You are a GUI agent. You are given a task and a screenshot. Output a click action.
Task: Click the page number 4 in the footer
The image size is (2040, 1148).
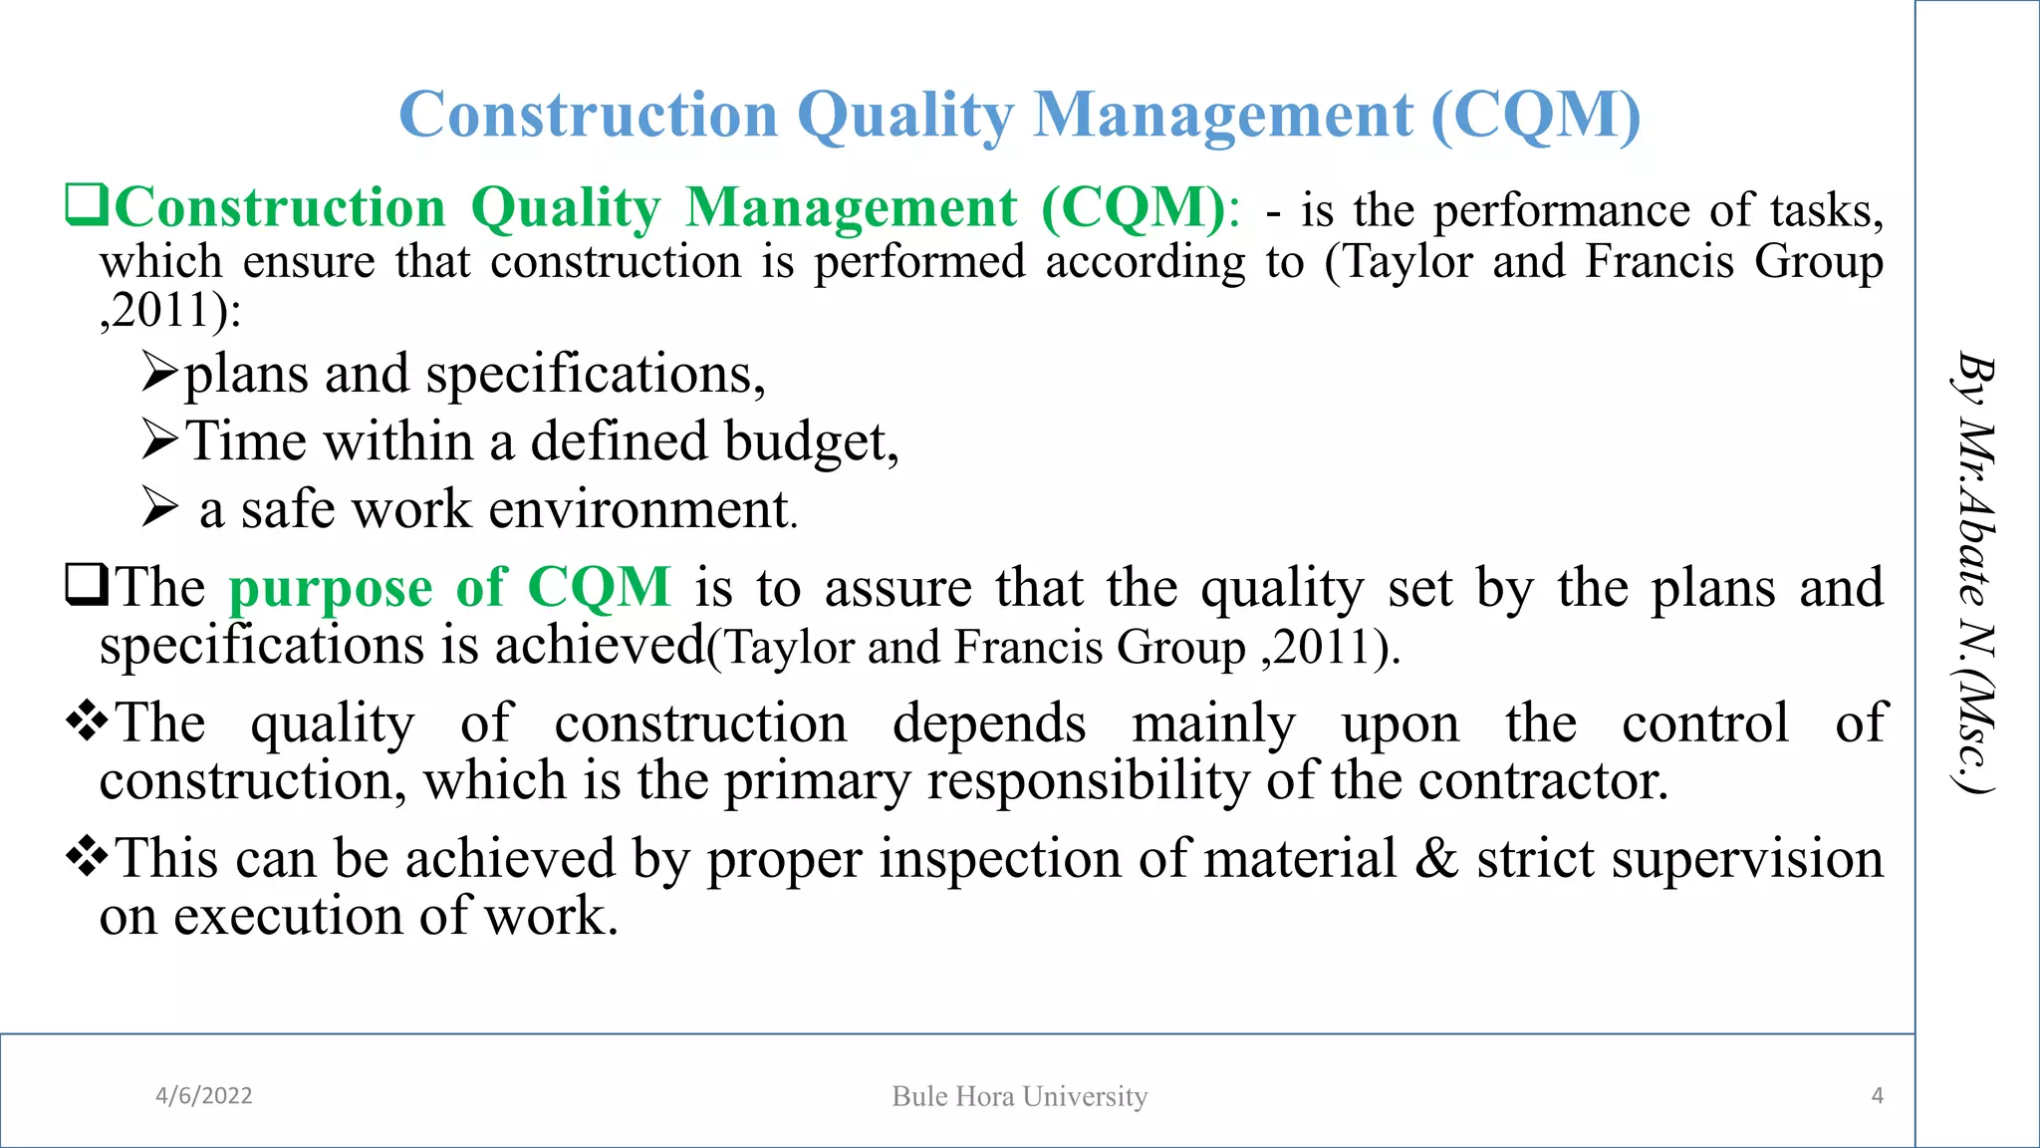(x=1878, y=1096)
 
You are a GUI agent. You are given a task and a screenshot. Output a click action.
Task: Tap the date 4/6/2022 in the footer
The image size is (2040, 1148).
(x=204, y=1096)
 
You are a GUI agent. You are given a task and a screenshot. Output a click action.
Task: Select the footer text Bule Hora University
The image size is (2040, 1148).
(x=1020, y=1096)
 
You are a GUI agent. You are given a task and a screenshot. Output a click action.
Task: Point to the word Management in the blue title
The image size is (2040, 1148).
(x=1223, y=115)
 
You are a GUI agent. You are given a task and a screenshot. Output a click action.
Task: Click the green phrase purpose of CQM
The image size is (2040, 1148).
(x=450, y=587)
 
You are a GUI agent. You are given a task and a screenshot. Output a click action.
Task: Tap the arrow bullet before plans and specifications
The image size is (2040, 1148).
(x=159, y=373)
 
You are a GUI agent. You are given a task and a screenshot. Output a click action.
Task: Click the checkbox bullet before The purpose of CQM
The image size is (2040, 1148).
(x=87, y=585)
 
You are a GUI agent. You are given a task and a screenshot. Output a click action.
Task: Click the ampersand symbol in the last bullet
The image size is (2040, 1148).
(x=1436, y=859)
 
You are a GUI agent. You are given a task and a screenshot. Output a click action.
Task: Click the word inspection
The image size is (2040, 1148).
(x=999, y=859)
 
